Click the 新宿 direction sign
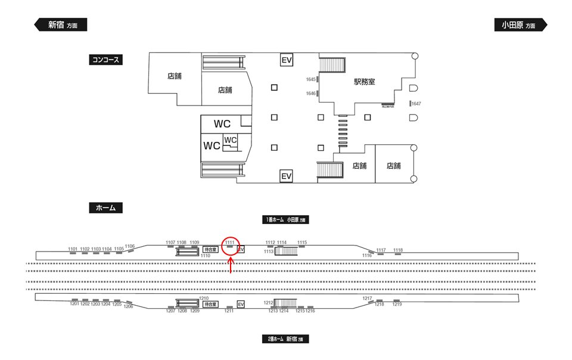[60, 25]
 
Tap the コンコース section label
[105, 60]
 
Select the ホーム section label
[105, 208]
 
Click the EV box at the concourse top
[287, 60]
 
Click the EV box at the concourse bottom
[287, 176]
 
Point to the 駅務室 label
[364, 82]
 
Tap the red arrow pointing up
[231, 265]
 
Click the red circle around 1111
[231, 244]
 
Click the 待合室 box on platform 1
[210, 250]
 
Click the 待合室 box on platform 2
[210, 304]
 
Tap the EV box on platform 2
[241, 305]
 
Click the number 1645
[310, 79]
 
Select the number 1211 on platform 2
[229, 311]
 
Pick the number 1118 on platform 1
[398, 250]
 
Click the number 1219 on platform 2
[397, 305]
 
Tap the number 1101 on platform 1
[73, 249]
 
